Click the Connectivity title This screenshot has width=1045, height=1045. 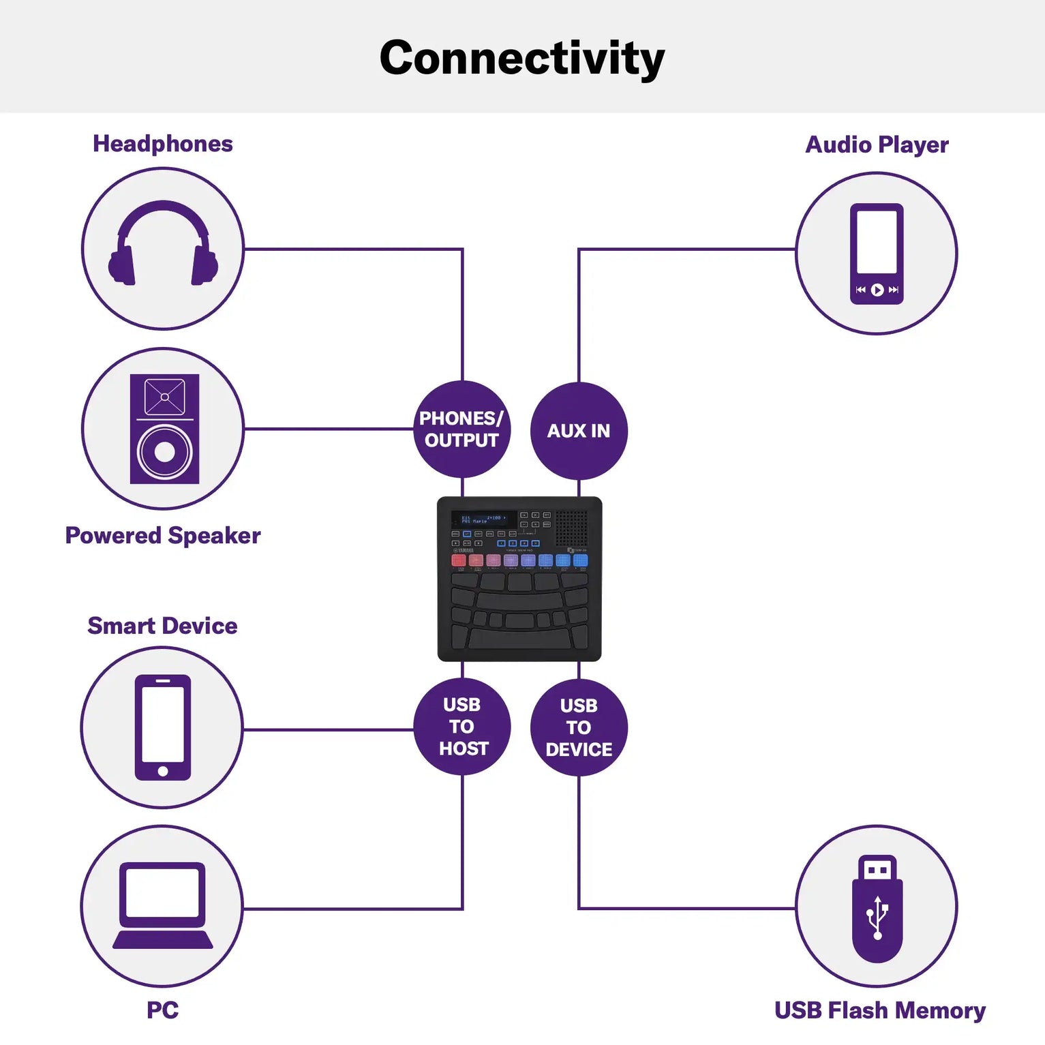[521, 59]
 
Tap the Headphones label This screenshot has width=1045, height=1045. [163, 144]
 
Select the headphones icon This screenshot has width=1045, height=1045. [163, 243]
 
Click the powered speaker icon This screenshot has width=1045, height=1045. [164, 429]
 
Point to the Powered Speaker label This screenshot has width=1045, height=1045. [163, 536]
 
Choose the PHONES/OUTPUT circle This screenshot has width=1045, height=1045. [461, 429]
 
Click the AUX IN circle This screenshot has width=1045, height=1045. [578, 431]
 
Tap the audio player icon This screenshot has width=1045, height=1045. [876, 254]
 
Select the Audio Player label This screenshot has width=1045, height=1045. [877, 145]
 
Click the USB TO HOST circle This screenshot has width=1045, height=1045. [462, 727]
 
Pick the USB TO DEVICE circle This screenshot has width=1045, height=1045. [579, 727]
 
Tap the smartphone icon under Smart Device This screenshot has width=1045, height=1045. [162, 727]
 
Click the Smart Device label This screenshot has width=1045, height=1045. [162, 626]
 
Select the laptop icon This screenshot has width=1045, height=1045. [162, 906]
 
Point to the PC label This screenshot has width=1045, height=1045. [162, 1010]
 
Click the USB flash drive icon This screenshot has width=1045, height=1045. [877, 908]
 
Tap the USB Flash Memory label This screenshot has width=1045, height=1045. [879, 1010]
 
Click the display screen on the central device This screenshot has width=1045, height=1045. [483, 519]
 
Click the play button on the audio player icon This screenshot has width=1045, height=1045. [877, 290]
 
